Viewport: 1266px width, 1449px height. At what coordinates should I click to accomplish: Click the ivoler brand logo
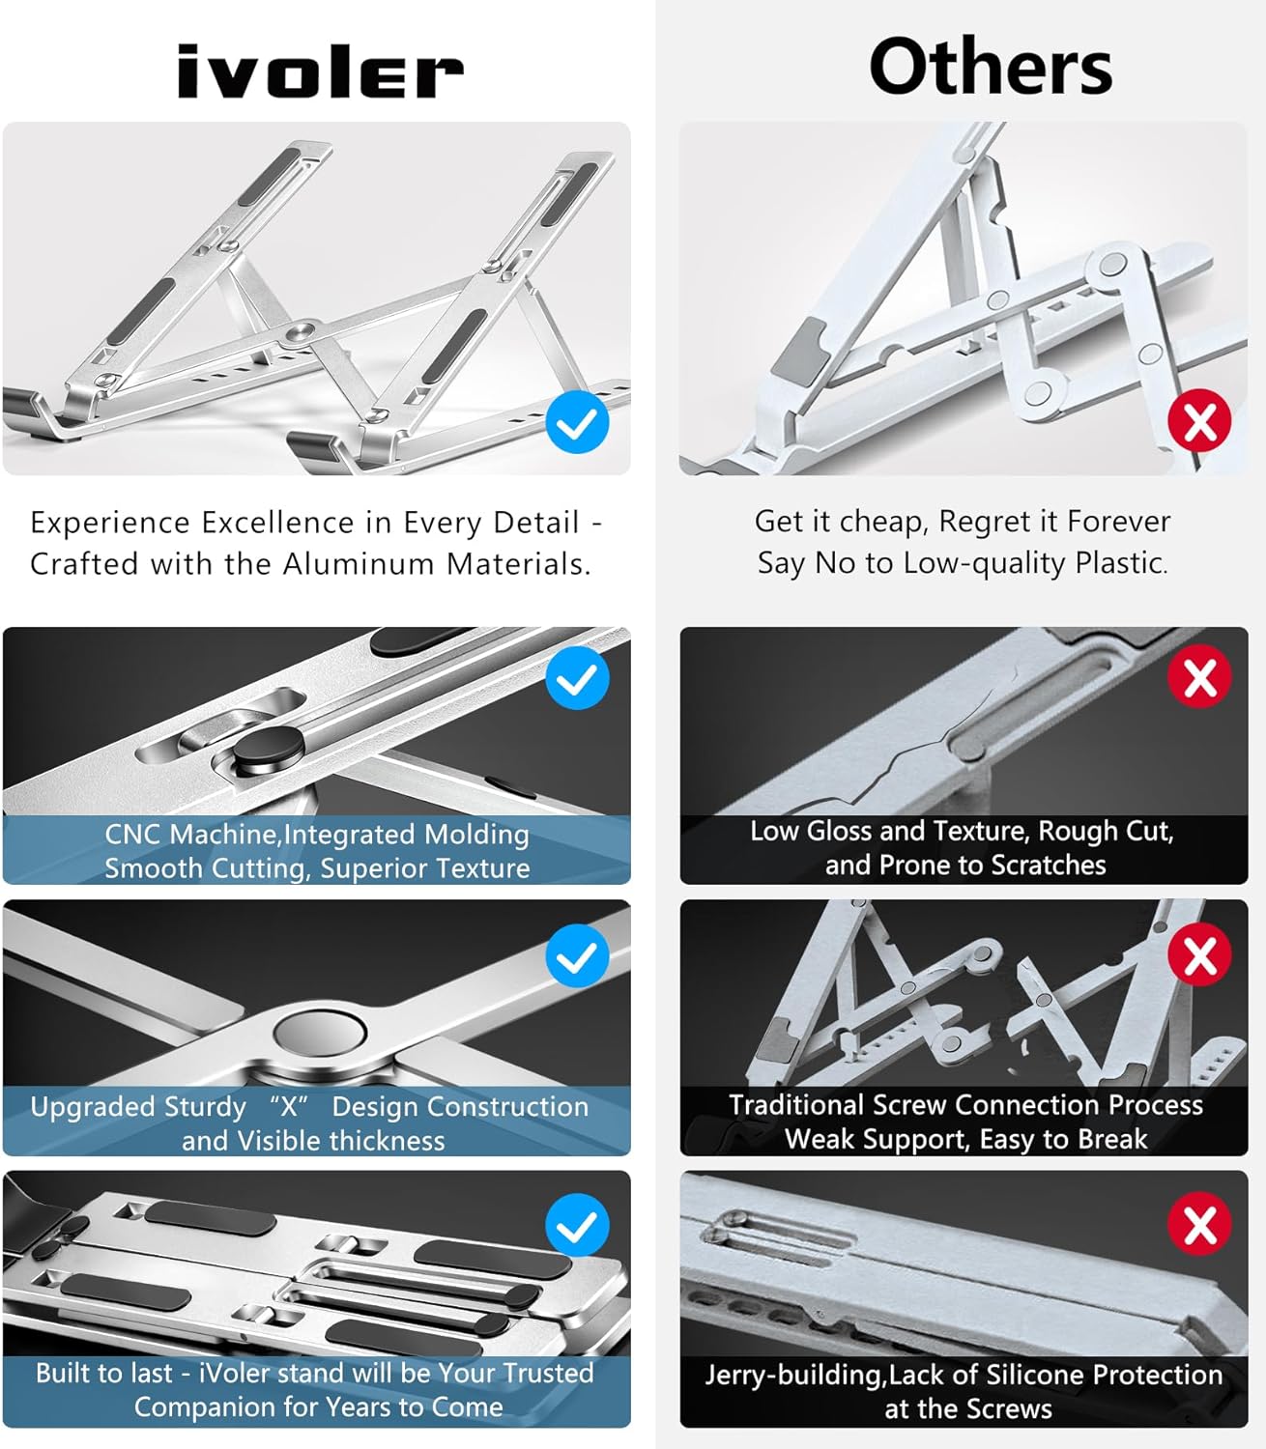click(x=320, y=72)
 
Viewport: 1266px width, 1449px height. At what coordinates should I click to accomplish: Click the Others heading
click(x=990, y=67)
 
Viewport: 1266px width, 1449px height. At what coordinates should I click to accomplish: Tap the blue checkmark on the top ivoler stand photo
click(x=577, y=422)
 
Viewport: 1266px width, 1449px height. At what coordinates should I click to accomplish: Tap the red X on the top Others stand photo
click(x=1199, y=421)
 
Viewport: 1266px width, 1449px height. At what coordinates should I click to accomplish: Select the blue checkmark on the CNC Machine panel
click(x=577, y=678)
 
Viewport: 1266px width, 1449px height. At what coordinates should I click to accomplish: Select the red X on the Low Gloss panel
click(x=1199, y=676)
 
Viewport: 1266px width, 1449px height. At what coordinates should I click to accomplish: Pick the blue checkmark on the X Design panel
click(x=577, y=955)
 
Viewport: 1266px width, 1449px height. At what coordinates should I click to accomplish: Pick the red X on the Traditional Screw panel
click(x=1199, y=954)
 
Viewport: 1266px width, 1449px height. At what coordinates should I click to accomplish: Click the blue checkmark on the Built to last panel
click(x=577, y=1225)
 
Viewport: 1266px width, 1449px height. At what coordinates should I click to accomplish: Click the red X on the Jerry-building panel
click(x=1199, y=1224)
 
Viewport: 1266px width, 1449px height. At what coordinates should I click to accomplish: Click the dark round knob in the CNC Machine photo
click(x=269, y=749)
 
